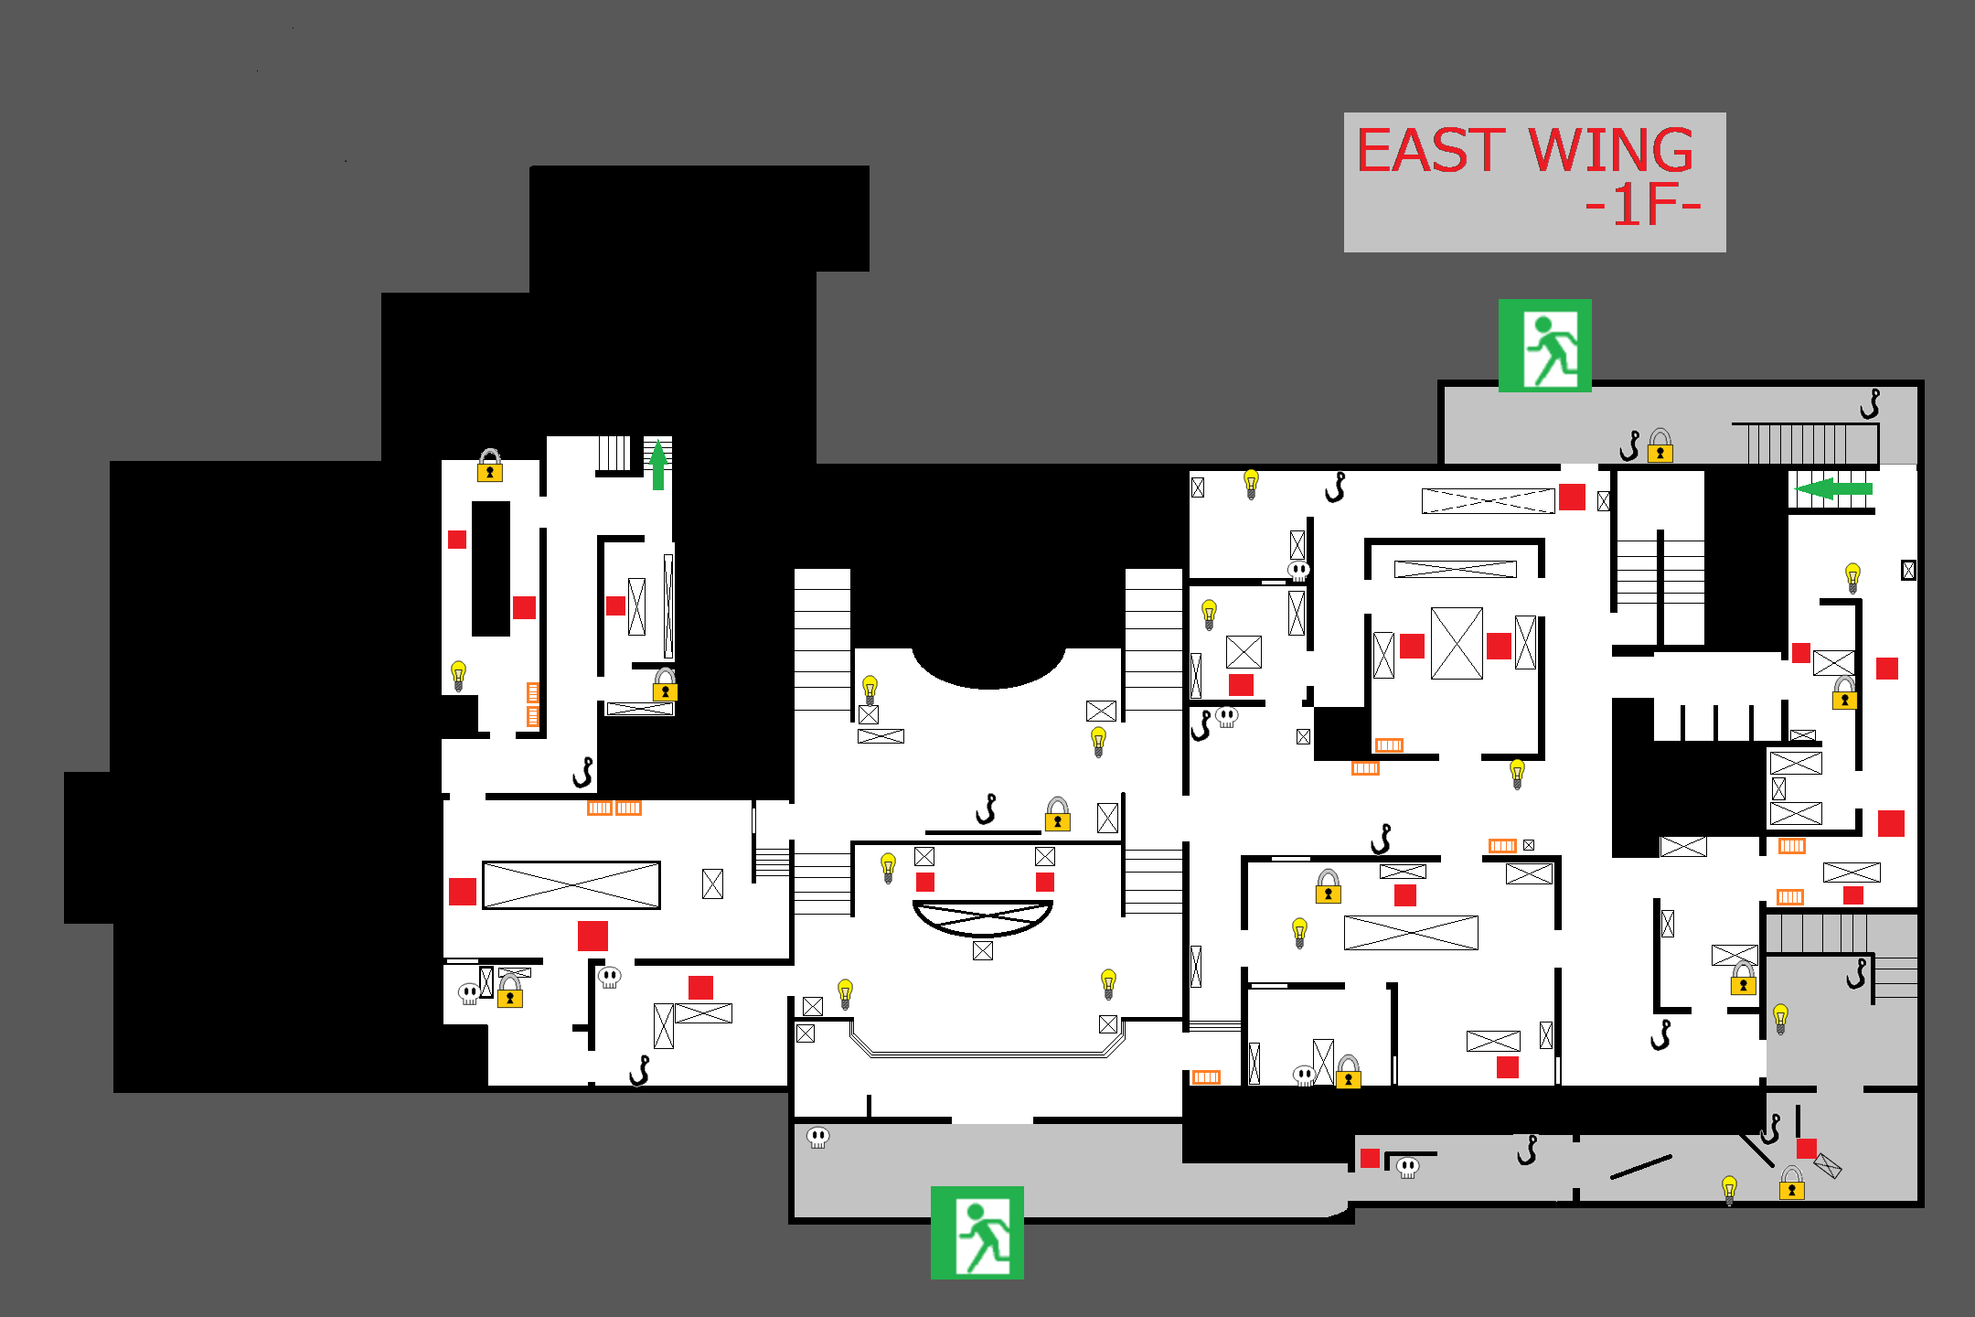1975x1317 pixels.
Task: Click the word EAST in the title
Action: point(1430,151)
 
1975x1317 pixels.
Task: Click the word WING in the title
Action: point(1611,151)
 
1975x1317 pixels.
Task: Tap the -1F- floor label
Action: point(1642,207)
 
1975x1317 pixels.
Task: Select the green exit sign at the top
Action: point(1544,346)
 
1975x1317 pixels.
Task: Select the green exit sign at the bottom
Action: point(977,1232)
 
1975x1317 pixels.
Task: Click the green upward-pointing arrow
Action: point(657,464)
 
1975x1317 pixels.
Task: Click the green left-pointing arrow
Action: point(1832,488)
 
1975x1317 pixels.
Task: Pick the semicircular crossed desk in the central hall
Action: point(983,917)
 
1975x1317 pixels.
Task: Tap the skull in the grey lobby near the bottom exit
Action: point(817,1138)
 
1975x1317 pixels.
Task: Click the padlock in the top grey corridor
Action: point(1660,446)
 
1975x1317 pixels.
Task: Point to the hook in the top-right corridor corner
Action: point(1871,403)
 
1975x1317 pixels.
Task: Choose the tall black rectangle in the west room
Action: point(491,568)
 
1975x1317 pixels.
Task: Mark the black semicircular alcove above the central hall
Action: point(988,663)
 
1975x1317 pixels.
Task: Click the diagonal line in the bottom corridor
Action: point(1640,1167)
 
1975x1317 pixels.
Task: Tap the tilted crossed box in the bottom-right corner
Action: point(1827,1166)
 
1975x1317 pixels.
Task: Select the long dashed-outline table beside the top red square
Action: point(1488,501)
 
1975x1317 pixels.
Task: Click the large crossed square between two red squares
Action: point(1457,644)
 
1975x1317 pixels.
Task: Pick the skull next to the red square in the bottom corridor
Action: point(1408,1167)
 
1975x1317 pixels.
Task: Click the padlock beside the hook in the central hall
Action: point(1058,813)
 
